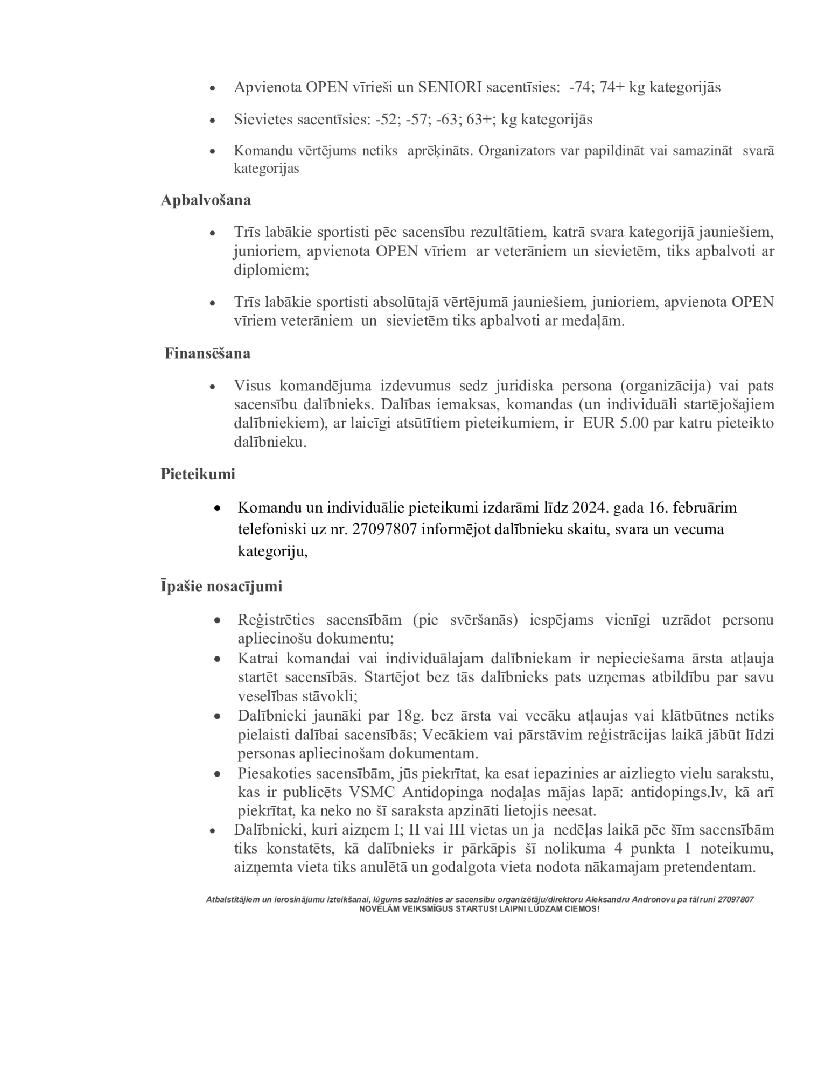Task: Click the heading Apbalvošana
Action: [205, 200]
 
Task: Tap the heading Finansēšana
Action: [207, 354]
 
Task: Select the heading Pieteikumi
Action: [198, 474]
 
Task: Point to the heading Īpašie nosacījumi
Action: [221, 586]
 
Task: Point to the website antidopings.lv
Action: [677, 793]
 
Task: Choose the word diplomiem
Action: [271, 270]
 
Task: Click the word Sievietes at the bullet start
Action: [263, 120]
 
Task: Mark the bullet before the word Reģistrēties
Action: [217, 621]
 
